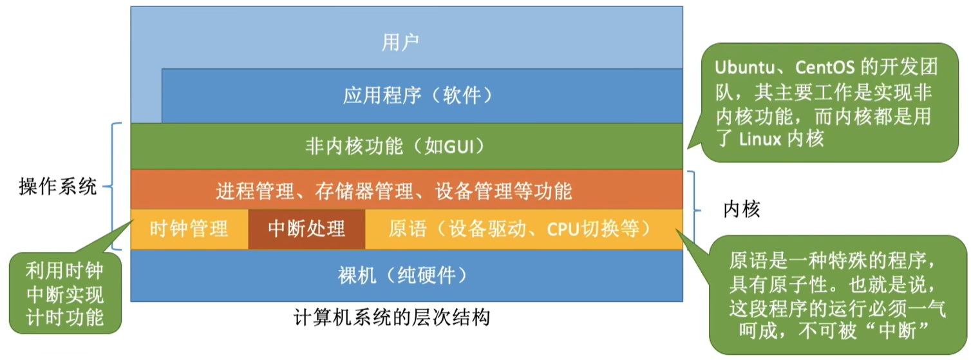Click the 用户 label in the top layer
pyautogui.click(x=400, y=43)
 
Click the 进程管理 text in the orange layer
pyautogui.click(x=256, y=191)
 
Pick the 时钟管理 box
pyautogui.click(x=189, y=229)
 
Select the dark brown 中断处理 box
pyautogui.click(x=307, y=229)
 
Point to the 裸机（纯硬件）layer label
pyautogui.click(x=402, y=275)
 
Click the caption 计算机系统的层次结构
pyautogui.click(x=392, y=317)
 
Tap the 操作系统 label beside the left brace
pyautogui.click(x=58, y=187)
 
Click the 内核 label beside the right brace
pyautogui.click(x=742, y=209)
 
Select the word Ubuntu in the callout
pyautogui.click(x=744, y=68)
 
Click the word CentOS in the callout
pyautogui.click(x=825, y=68)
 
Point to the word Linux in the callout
pyautogui.click(x=760, y=139)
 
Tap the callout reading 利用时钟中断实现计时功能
pyautogui.click(x=65, y=294)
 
